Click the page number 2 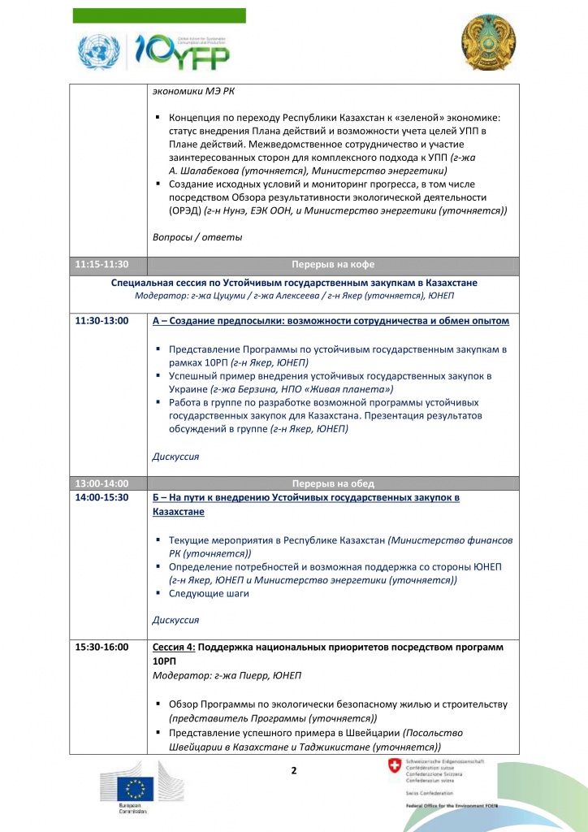click(x=294, y=769)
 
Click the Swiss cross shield click(x=395, y=766)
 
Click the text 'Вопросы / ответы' click(x=197, y=237)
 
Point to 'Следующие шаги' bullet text click(x=209, y=593)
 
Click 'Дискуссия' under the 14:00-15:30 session click(x=175, y=620)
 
